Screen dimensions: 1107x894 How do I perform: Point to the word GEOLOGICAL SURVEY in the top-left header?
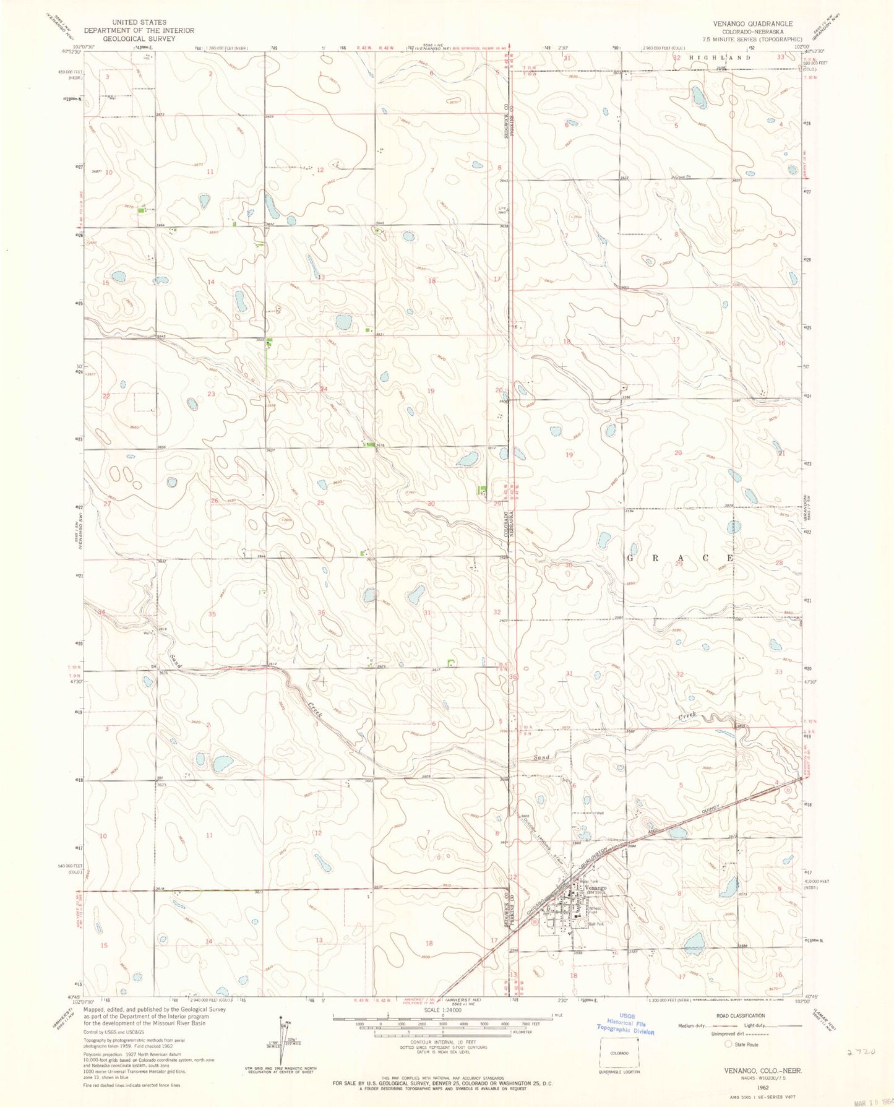(x=139, y=38)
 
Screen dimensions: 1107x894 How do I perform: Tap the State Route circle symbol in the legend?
(x=728, y=1044)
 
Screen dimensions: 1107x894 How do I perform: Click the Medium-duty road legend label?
(x=692, y=1025)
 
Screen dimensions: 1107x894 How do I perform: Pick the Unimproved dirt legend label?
(x=698, y=1034)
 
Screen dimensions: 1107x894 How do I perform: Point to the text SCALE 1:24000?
(x=442, y=1011)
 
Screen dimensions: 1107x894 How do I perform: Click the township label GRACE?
(x=681, y=558)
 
